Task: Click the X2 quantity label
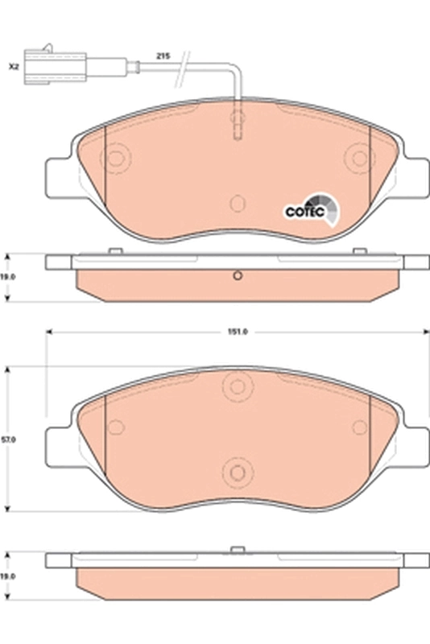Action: point(13,67)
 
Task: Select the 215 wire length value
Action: point(161,56)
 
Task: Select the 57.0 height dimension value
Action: point(8,440)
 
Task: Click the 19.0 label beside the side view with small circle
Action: point(8,275)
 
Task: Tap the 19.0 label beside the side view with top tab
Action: point(8,576)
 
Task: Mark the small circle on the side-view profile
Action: point(237,278)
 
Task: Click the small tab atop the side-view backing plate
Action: point(237,551)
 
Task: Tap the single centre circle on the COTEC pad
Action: point(237,204)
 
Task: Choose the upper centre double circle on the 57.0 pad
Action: point(237,386)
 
